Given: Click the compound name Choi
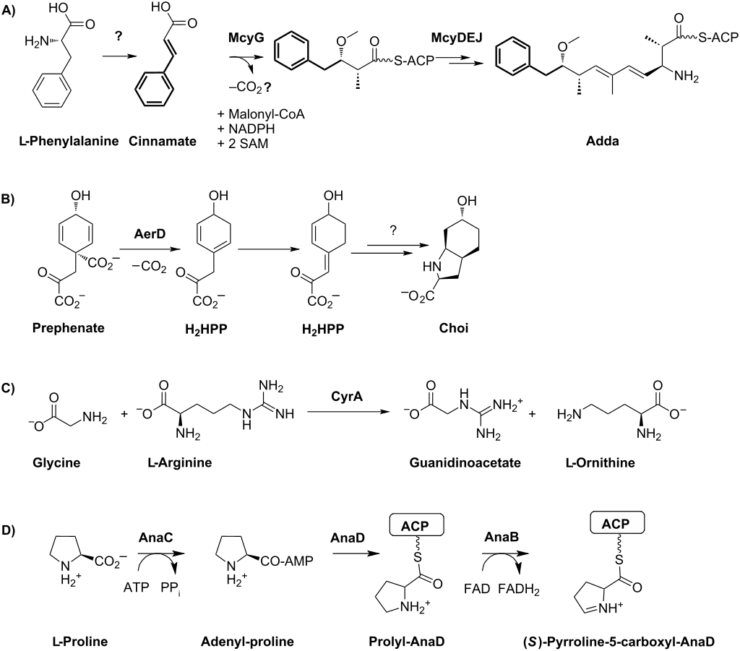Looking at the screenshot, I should click(454, 328).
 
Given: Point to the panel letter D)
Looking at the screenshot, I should click(11, 528).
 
